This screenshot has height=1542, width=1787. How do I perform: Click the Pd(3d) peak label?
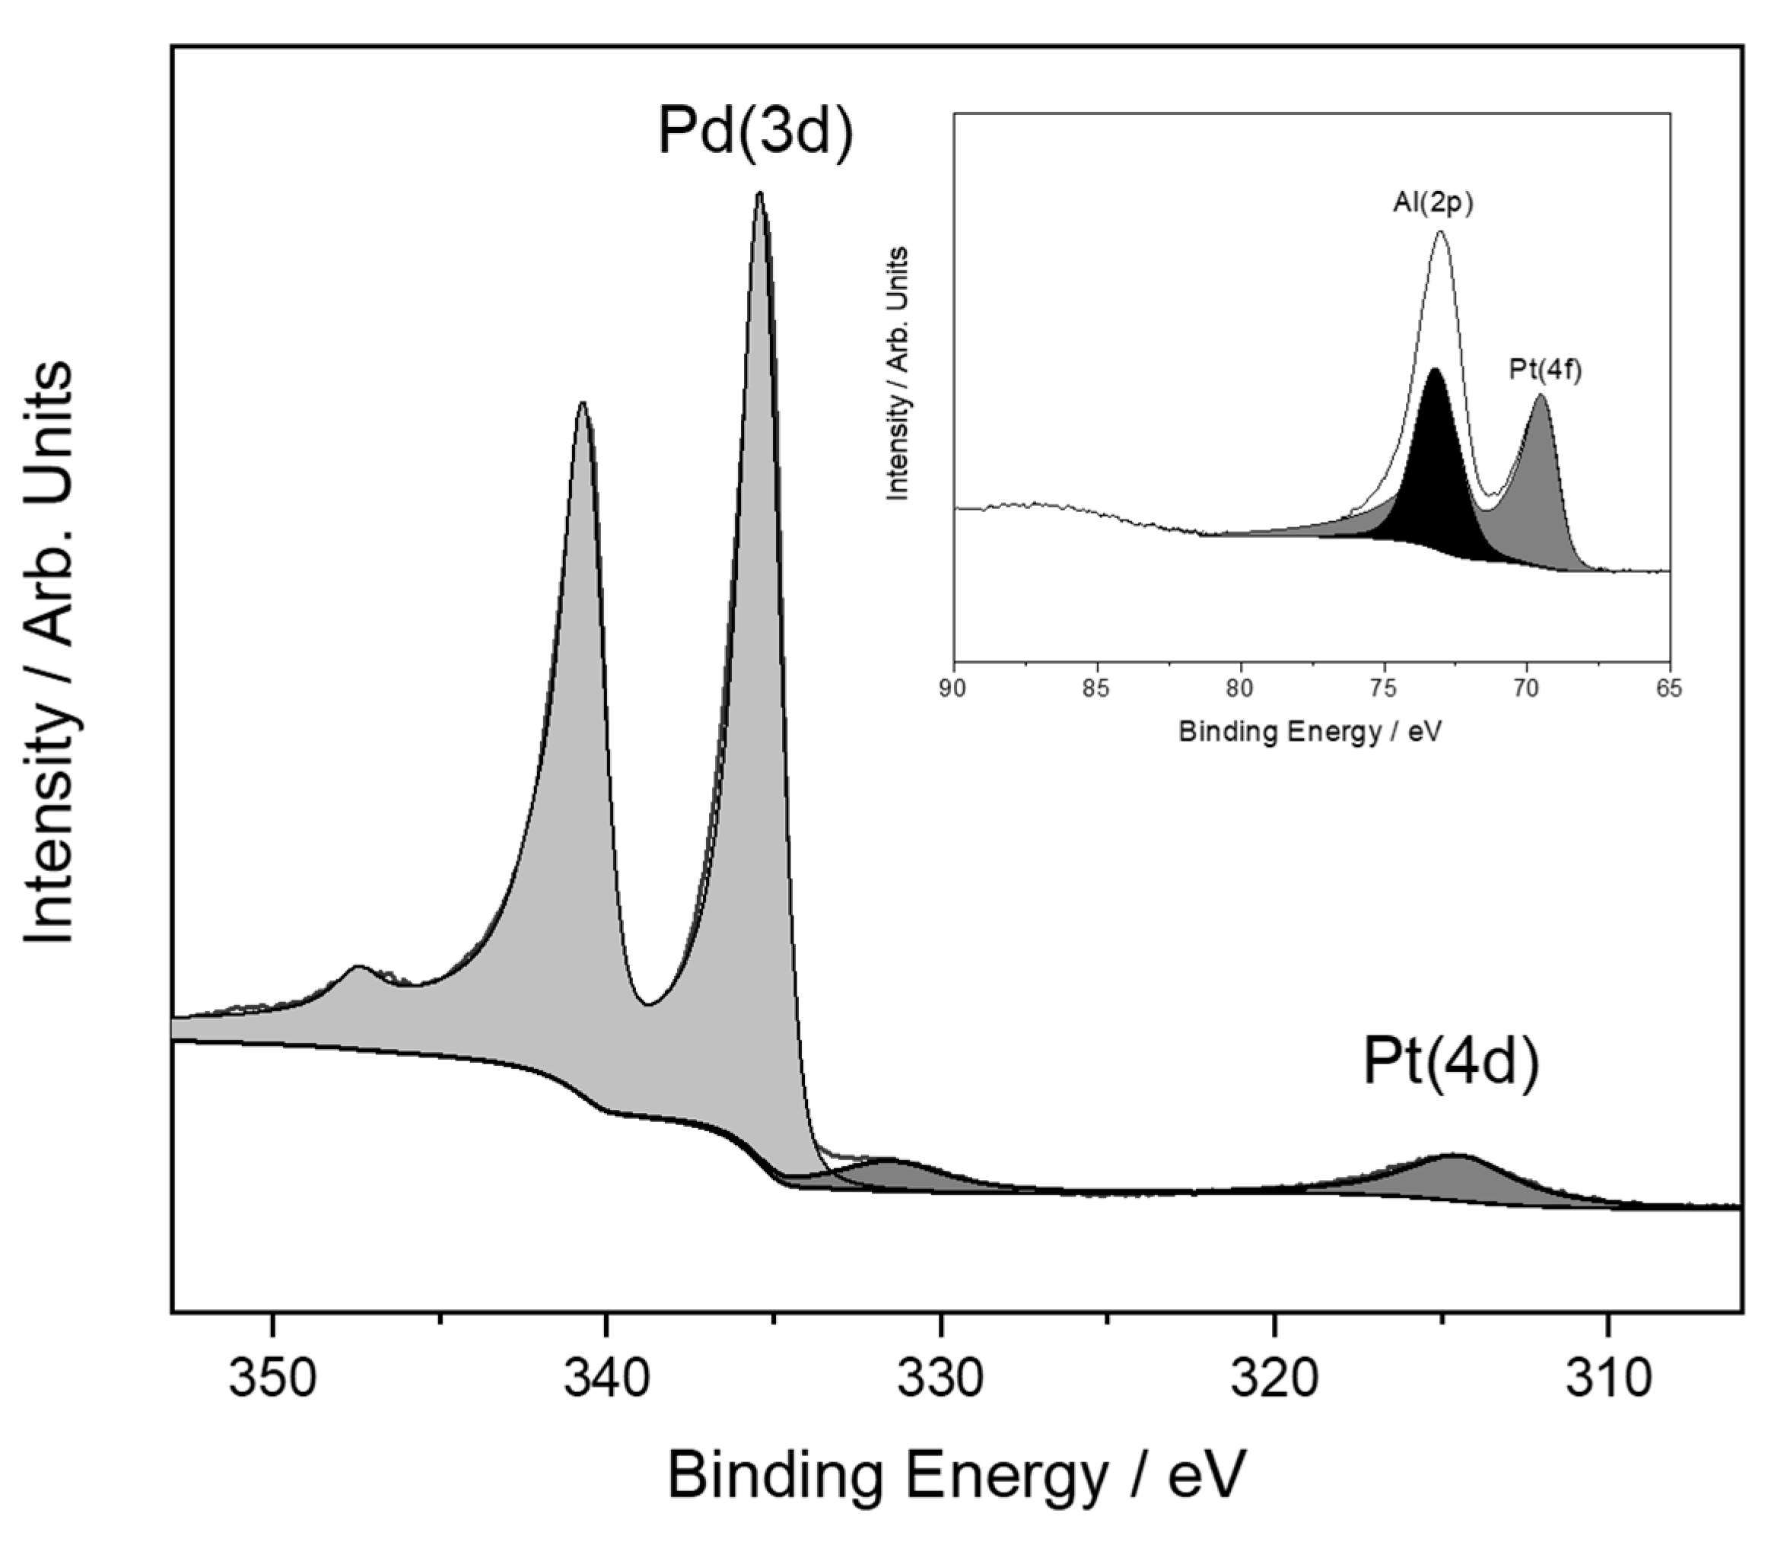pyautogui.click(x=755, y=131)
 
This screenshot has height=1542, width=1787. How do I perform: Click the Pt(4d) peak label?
pyautogui.click(x=1451, y=1063)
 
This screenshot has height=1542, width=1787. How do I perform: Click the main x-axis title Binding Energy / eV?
pyautogui.click(x=957, y=1476)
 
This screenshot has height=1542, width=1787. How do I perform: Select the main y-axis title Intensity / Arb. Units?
pyautogui.click(x=50, y=653)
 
